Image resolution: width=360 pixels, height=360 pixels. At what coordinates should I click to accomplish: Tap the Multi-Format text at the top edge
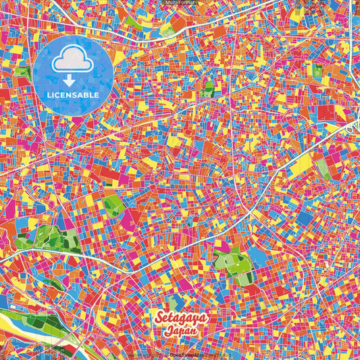tap(180, 3)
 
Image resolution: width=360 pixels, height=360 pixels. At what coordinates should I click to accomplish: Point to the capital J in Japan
tap(168, 331)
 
